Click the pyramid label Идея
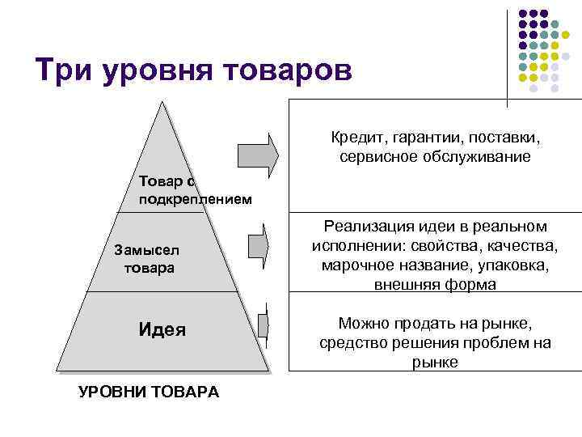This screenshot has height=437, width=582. point(162,329)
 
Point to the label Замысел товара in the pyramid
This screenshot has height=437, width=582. point(149,259)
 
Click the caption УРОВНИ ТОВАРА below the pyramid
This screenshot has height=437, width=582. point(148,392)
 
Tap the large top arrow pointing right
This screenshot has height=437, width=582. point(258,152)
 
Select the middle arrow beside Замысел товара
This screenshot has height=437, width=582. point(259,246)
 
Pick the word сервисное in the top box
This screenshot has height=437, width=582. point(375,156)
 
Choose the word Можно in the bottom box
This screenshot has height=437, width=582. point(365,324)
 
